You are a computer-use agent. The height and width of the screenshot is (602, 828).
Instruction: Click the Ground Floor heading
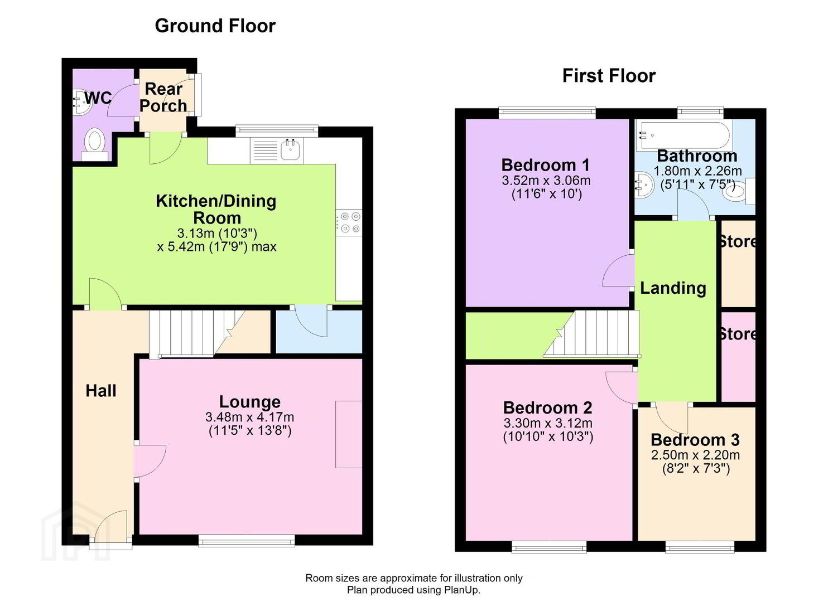(215, 26)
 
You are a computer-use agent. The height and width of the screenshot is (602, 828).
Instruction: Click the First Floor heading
(609, 76)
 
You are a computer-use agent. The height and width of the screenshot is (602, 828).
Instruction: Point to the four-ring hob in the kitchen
(349, 223)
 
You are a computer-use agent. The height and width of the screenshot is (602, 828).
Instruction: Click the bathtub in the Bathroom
(685, 135)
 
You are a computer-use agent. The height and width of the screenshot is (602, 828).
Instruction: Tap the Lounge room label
(250, 402)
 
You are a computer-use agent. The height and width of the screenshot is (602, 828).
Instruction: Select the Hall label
(101, 391)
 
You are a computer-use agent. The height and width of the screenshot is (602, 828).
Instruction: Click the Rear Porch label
(163, 97)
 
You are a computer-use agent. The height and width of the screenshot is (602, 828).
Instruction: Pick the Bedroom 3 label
(695, 439)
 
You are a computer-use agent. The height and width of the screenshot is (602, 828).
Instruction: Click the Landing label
(673, 288)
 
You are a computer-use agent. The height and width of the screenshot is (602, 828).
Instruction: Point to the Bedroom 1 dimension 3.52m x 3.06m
(546, 181)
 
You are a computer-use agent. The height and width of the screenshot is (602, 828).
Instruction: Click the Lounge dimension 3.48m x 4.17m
(250, 417)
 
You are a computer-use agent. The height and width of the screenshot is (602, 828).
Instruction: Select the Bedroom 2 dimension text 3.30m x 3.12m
(548, 423)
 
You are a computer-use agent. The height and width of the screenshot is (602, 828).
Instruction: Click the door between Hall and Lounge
(150, 461)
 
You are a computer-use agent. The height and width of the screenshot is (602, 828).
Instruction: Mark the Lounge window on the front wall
(247, 541)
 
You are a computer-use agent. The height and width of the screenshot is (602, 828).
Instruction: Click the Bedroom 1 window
(547, 113)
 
